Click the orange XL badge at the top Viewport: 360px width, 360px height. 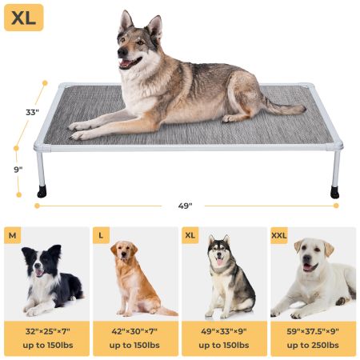pos(24,18)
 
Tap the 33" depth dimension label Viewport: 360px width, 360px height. pos(32,113)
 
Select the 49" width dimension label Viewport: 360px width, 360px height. pos(186,206)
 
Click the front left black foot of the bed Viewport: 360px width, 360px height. pos(42,192)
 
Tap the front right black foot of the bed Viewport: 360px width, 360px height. pos(334,193)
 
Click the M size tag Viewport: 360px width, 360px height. pos(12,235)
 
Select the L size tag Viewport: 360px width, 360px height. pos(101,235)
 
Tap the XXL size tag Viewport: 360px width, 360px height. pos(280,235)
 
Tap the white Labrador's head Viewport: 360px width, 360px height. pos(311,257)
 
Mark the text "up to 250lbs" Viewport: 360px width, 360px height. pos(314,345)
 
